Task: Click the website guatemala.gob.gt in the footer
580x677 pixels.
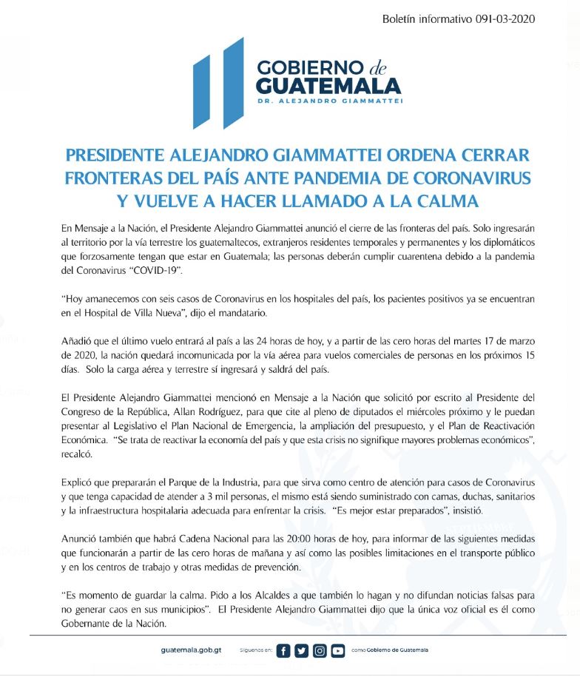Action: click(x=191, y=650)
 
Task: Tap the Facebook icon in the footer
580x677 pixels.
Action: click(x=283, y=651)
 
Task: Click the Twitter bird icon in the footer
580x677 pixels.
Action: click(x=301, y=651)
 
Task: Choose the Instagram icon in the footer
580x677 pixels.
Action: click(x=320, y=651)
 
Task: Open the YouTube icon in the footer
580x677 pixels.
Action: click(x=338, y=651)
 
